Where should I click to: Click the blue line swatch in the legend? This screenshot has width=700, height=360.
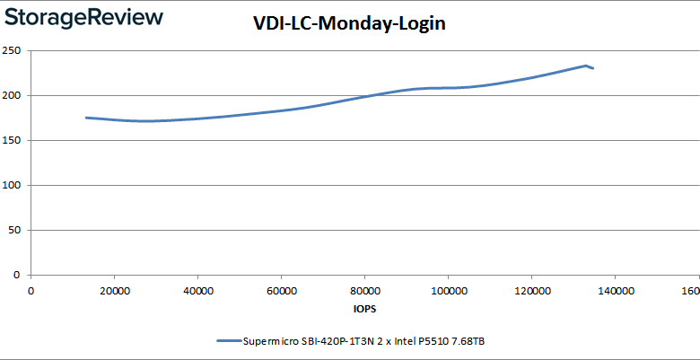227,341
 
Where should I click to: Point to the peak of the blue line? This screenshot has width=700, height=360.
585,66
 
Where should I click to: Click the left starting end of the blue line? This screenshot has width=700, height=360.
86,118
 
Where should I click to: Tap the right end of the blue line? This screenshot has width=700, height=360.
592,68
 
